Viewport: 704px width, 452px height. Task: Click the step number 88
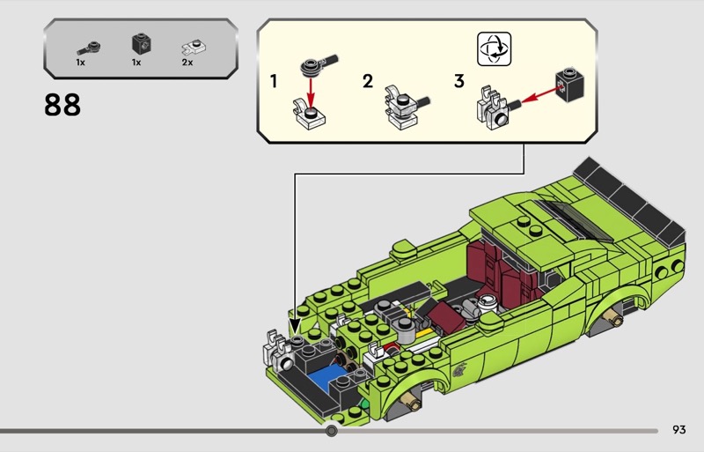[x=62, y=105]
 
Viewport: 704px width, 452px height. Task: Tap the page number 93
[x=678, y=430]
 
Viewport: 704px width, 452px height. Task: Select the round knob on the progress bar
[x=332, y=431]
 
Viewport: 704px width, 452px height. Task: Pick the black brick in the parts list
[x=136, y=43]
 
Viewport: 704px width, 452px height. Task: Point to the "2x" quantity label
[x=187, y=63]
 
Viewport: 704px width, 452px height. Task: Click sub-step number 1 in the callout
[x=274, y=82]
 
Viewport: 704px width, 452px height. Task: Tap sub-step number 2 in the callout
[x=367, y=82]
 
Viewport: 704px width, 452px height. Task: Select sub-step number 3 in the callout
[x=458, y=82]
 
